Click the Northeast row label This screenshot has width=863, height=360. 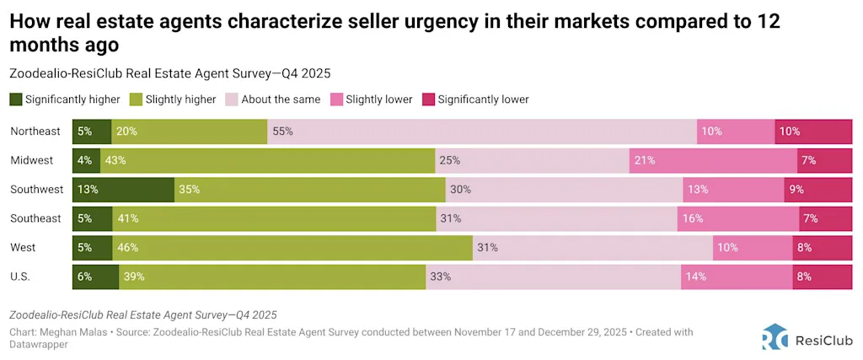point(35,132)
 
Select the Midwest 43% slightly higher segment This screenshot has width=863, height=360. point(267,160)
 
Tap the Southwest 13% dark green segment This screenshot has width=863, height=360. point(123,190)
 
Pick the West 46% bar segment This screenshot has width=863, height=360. point(292,248)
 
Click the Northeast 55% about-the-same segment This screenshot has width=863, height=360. point(482,132)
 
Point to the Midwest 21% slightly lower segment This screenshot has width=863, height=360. point(713,160)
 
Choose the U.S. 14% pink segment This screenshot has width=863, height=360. point(737,277)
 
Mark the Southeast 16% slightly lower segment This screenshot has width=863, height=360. point(737,218)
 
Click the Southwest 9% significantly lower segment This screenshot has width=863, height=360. point(818,190)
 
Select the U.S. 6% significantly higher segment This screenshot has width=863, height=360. point(95,277)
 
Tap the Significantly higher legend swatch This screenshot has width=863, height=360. point(16,99)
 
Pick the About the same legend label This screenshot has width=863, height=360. point(281,99)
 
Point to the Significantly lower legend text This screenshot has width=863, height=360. point(483,99)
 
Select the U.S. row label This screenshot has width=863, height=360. point(23,277)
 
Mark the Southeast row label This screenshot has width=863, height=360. point(35,218)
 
